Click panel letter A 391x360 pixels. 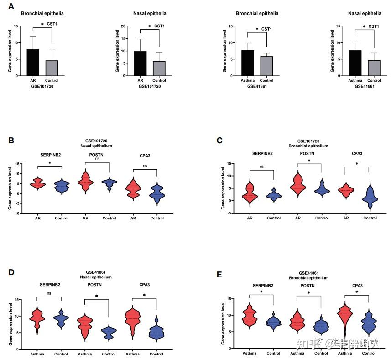11,6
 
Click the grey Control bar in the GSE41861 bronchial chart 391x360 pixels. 266,66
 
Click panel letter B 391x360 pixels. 11,140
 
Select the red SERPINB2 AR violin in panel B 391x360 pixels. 37,184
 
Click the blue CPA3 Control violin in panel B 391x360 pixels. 157,194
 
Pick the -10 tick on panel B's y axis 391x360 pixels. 17,213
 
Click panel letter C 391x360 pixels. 219,140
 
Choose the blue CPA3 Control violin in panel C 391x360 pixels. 370,196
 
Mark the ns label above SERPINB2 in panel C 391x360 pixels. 261,167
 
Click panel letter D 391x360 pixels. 11,272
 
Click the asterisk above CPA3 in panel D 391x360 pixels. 145,296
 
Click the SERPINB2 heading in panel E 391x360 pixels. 261,285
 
